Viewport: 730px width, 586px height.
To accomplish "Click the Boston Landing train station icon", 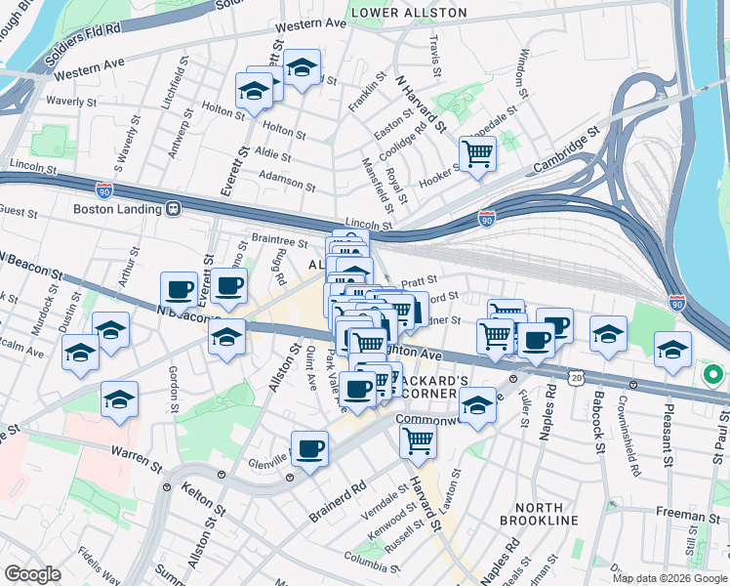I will point(173,208).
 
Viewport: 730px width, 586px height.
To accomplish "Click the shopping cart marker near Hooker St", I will point(477,153).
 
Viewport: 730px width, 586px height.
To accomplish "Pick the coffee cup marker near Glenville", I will point(309,449).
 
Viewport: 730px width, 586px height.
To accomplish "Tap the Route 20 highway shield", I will point(578,377).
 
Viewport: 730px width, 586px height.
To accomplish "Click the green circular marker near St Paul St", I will point(712,374).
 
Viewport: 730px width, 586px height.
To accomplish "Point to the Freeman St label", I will point(687,513).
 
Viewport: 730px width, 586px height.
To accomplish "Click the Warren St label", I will point(136,453).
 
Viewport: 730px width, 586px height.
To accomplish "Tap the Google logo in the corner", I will point(32,574).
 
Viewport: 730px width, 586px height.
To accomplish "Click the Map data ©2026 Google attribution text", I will point(669,578).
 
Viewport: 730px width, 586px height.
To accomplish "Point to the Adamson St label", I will point(287,180).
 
